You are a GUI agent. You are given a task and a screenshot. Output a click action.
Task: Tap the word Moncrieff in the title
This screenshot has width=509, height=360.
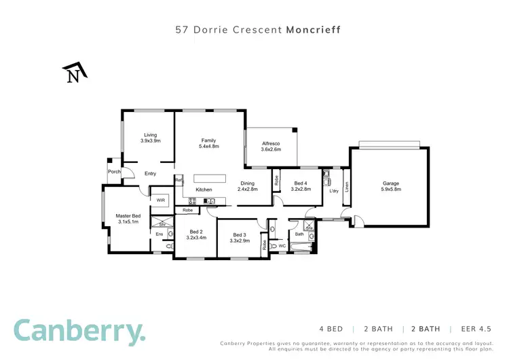[313, 30]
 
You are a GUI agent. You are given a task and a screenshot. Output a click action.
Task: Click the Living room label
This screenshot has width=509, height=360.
[150, 134]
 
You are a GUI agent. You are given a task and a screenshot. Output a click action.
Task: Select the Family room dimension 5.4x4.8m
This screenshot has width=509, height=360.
[208, 146]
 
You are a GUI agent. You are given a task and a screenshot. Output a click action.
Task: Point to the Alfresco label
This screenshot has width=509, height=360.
[271, 144]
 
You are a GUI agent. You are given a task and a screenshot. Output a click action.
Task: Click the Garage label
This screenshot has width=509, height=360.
[390, 183]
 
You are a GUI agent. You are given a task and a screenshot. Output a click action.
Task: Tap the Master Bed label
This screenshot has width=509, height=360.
[127, 216]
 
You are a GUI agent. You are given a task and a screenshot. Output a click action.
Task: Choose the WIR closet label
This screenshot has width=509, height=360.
[161, 200]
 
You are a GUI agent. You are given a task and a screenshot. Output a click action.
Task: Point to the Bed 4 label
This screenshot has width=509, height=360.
[301, 183]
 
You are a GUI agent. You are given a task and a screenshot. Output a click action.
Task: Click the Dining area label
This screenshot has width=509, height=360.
[248, 183]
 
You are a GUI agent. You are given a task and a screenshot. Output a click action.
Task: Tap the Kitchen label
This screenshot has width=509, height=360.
[204, 190]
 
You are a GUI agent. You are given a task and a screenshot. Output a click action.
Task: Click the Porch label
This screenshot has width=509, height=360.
[113, 172]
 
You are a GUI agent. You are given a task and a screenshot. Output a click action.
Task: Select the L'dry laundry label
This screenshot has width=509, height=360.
[333, 191]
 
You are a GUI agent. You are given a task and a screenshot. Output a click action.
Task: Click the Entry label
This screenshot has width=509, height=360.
[150, 174]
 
